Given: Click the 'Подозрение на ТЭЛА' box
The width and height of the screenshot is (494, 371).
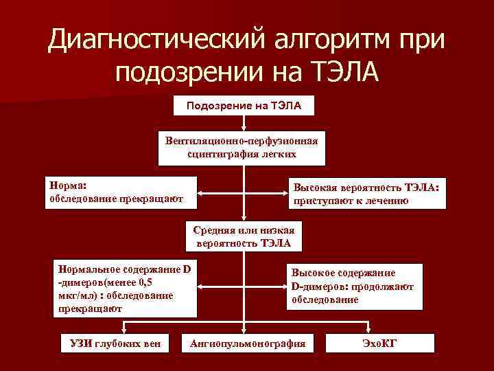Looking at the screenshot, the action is (x=244, y=106).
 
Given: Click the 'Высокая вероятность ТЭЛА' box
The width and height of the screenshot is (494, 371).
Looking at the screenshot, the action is (x=366, y=194).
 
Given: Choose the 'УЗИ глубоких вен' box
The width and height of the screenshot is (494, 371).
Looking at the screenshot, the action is (x=110, y=343).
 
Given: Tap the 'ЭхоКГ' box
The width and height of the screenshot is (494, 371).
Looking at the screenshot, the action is (x=379, y=343).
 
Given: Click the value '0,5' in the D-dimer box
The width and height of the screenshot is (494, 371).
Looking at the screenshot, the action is (x=145, y=282).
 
